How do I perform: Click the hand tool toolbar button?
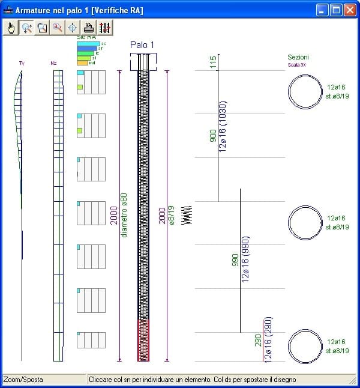point(11,27)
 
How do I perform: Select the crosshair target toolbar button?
point(72,27)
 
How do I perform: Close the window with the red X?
point(350,10)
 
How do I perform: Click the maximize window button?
point(337,10)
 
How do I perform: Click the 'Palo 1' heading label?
point(142,45)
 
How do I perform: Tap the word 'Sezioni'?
point(298,58)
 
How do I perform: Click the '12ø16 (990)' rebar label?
point(245,259)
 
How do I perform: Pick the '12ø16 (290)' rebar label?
point(268,339)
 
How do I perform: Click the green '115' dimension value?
point(213,62)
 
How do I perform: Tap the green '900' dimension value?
point(213,136)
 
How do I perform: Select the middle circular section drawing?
point(305,223)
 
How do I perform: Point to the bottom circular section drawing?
point(305,346)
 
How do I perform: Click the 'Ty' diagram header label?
point(22,62)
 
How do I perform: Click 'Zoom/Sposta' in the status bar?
point(23,380)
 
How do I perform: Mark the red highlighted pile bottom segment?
point(143,340)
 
